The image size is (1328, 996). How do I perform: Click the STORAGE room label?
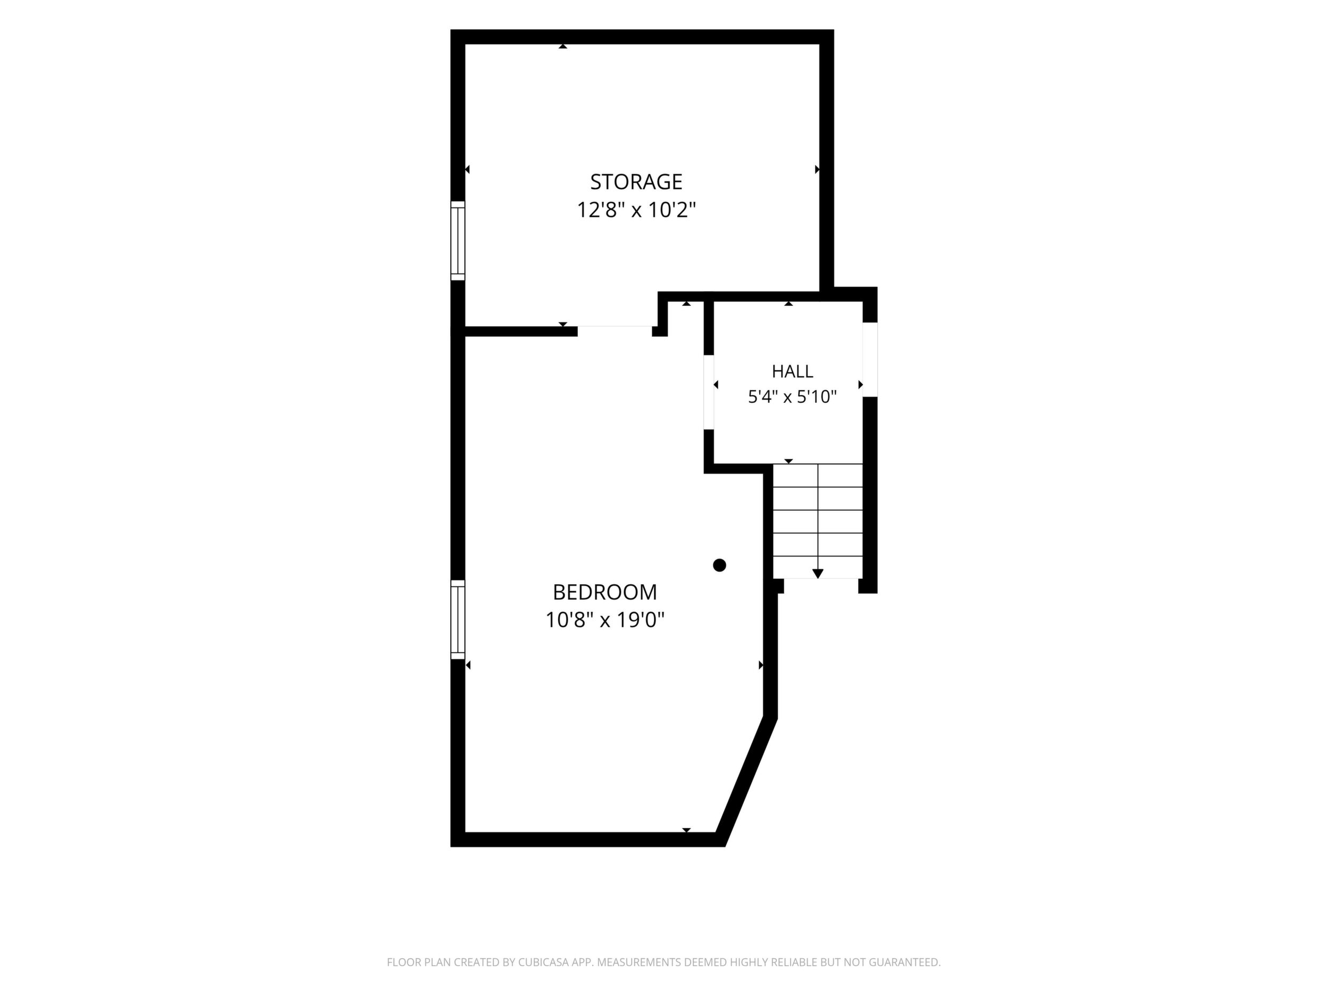click(x=636, y=181)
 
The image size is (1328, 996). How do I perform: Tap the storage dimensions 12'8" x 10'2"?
click(x=636, y=210)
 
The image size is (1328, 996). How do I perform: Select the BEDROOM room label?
click(x=604, y=592)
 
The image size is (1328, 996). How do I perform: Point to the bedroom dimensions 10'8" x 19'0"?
click(x=604, y=619)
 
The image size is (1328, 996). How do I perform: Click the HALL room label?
click(x=792, y=371)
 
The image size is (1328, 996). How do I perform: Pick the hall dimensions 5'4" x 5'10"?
click(x=792, y=397)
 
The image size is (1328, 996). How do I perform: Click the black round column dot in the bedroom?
click(x=719, y=565)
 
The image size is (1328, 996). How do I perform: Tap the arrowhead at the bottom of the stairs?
click(x=818, y=574)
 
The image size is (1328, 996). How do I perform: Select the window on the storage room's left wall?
click(x=458, y=240)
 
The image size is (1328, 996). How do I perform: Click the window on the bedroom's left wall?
click(x=458, y=619)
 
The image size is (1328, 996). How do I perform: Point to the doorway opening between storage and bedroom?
click(x=615, y=331)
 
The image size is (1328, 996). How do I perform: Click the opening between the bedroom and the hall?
click(x=709, y=393)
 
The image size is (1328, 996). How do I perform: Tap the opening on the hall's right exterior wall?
click(x=870, y=360)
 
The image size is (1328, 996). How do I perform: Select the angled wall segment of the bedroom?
click(x=747, y=781)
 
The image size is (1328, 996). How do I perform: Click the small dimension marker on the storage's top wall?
click(x=562, y=46)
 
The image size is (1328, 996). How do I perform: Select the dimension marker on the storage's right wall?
click(x=817, y=170)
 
